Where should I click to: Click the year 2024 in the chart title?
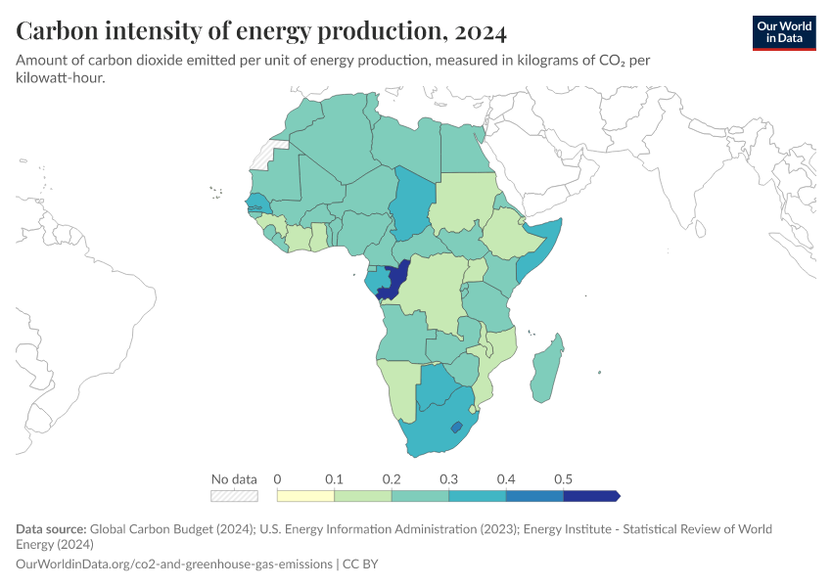[481, 31]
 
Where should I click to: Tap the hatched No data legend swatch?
[234, 496]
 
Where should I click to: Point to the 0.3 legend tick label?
[449, 479]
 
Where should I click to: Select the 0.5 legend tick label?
[563, 479]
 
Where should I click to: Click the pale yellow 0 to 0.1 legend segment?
[305, 496]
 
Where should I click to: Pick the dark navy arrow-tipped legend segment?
[590, 496]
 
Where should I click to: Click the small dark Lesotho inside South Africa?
[455, 428]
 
